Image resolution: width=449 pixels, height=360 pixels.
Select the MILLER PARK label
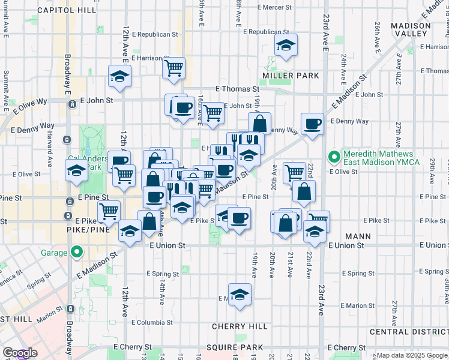click(291, 76)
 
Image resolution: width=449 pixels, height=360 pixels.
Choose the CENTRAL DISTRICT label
click(409, 332)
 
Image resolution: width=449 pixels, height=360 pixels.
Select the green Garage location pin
click(76, 253)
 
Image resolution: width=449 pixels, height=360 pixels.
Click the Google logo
click(20, 353)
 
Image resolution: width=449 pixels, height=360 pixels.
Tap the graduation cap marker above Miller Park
click(286, 45)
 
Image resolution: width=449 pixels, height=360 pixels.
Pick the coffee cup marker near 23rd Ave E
click(312, 124)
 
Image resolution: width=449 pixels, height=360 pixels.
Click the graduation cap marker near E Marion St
click(240, 294)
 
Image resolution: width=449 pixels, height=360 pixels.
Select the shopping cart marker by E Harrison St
click(173, 68)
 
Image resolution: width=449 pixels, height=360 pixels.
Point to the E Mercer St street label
click(274, 8)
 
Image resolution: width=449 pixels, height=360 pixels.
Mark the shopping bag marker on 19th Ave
click(259, 124)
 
